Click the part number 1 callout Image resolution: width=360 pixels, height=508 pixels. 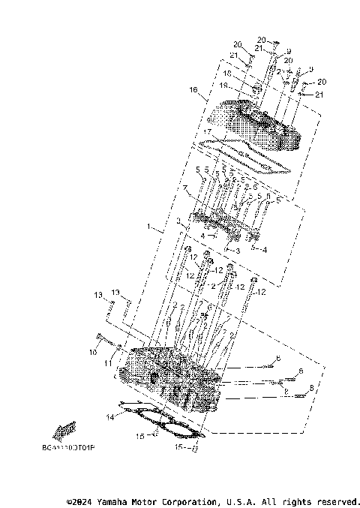point(148,225)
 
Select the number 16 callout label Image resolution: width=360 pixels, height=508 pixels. point(193,89)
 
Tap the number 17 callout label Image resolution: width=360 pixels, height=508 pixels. point(207,131)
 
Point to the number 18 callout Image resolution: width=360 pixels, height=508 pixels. point(228,74)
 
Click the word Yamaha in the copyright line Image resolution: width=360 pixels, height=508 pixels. point(119,501)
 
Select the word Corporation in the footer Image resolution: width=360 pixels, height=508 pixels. point(184,501)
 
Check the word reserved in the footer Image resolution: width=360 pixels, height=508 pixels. point(338,501)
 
